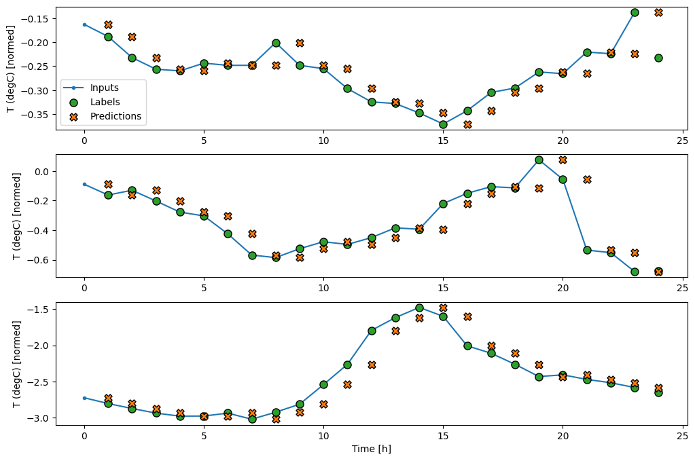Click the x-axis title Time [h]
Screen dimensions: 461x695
[x=371, y=449]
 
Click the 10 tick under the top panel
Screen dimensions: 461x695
[x=323, y=141]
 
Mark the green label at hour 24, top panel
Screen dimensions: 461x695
[x=658, y=58]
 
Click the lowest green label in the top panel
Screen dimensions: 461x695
[x=443, y=124]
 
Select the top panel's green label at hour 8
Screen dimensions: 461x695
[x=276, y=43]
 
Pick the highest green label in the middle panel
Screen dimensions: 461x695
[x=539, y=160]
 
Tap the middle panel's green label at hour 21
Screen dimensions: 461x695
[x=586, y=250]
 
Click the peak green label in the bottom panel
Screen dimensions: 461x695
[x=419, y=308]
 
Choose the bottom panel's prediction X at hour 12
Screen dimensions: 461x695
[x=372, y=365]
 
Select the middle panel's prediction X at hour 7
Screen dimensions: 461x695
[x=252, y=234]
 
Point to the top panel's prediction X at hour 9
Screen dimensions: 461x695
[x=300, y=43]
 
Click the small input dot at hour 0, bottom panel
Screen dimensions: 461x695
[x=84, y=398]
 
